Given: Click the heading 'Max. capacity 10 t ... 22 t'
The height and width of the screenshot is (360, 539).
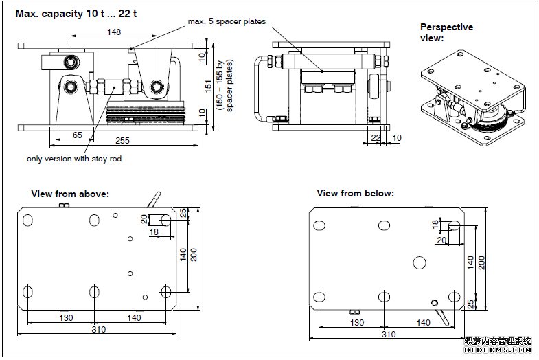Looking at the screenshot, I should [x=76, y=13].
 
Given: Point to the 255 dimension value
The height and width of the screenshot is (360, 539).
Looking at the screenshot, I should [x=122, y=140].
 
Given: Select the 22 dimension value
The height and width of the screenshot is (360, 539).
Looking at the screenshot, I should [x=375, y=137].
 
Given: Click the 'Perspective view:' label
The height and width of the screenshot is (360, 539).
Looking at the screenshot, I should [x=446, y=32].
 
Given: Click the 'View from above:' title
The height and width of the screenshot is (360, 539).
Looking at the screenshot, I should [x=70, y=194].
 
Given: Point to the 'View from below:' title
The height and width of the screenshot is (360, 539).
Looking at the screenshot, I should [x=355, y=193].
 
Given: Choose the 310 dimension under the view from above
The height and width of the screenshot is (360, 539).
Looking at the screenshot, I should [x=99, y=329].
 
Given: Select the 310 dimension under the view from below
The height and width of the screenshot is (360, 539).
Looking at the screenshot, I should [x=389, y=334].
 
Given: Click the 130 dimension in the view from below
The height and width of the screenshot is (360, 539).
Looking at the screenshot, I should [x=357, y=322].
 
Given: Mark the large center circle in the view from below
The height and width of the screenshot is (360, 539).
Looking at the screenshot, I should [x=420, y=262].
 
